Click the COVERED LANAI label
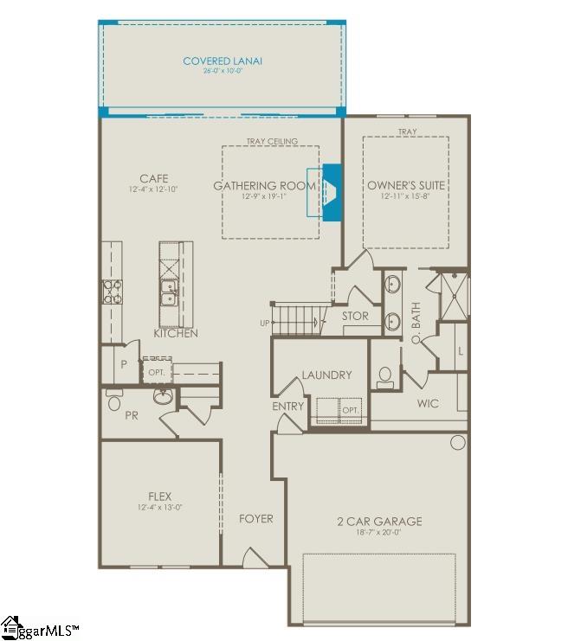[222, 61]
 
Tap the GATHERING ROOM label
[264, 186]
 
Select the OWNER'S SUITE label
[406, 186]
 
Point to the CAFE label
[153, 178]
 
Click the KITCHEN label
[176, 333]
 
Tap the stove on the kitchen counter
[113, 292]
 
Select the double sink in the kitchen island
[169, 294]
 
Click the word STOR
[355, 317]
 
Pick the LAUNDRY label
[326, 375]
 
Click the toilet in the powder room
[113, 402]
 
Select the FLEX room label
[159, 497]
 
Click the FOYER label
[256, 518]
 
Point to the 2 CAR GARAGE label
[379, 521]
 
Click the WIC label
[428, 403]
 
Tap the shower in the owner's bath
[453, 297]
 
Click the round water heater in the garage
[457, 443]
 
